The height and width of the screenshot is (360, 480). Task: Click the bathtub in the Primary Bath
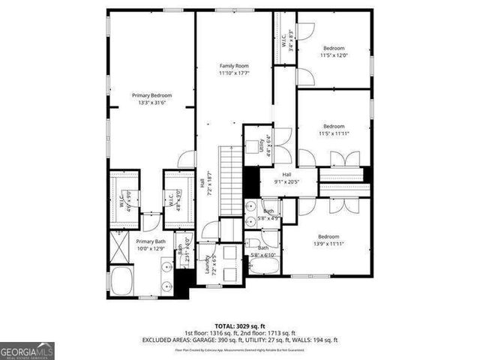(x=121, y=282)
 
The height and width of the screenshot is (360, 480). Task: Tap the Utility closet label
(x=262, y=142)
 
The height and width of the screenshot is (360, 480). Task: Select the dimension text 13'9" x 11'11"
(x=328, y=244)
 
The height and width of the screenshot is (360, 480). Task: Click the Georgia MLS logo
(x=27, y=351)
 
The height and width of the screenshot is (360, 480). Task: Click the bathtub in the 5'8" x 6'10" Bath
(x=263, y=265)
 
